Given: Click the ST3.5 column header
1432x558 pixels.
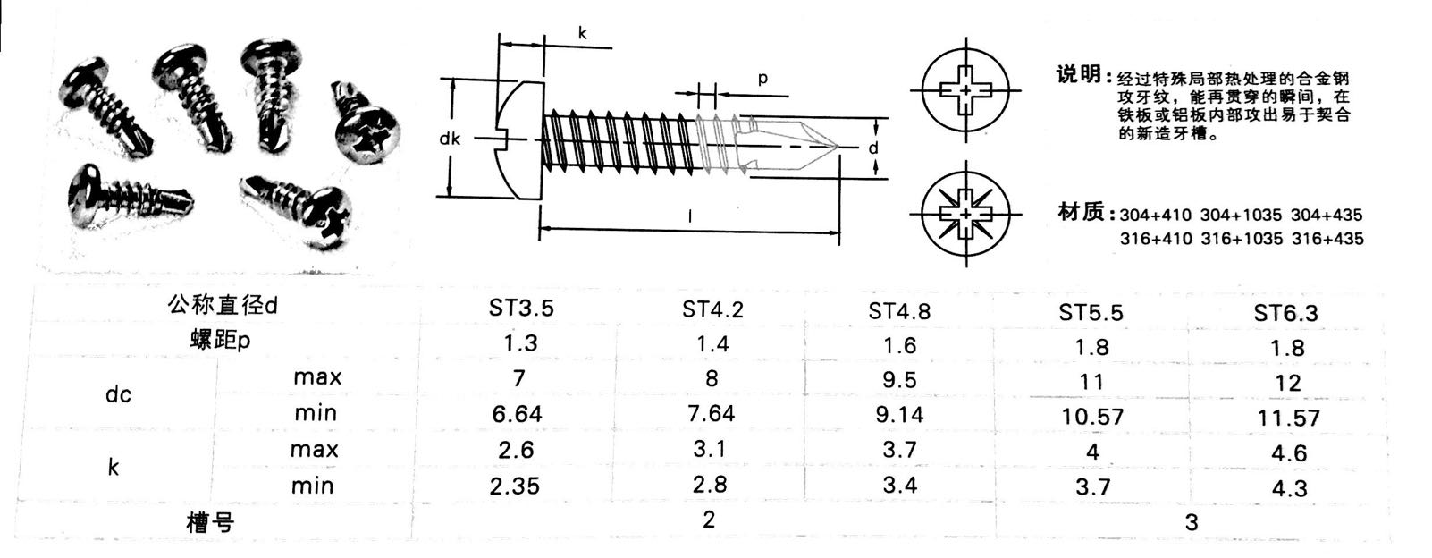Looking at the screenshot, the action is pos(521,309).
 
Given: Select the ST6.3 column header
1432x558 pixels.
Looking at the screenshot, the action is pos(1285,313).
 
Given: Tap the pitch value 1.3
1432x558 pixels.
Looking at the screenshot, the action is pos(520,343).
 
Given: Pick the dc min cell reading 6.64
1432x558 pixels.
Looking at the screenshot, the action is pos(518,414).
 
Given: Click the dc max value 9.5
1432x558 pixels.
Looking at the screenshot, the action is pos(899,380).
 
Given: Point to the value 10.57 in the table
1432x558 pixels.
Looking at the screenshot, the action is pos(1092,418).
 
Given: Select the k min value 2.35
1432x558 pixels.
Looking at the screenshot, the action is pos(515,486).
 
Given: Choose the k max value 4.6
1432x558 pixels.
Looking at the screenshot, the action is pos(1289,453).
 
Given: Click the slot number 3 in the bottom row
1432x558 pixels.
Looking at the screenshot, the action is pos(1192,523).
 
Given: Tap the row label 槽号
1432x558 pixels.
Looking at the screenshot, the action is pos(210,523).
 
